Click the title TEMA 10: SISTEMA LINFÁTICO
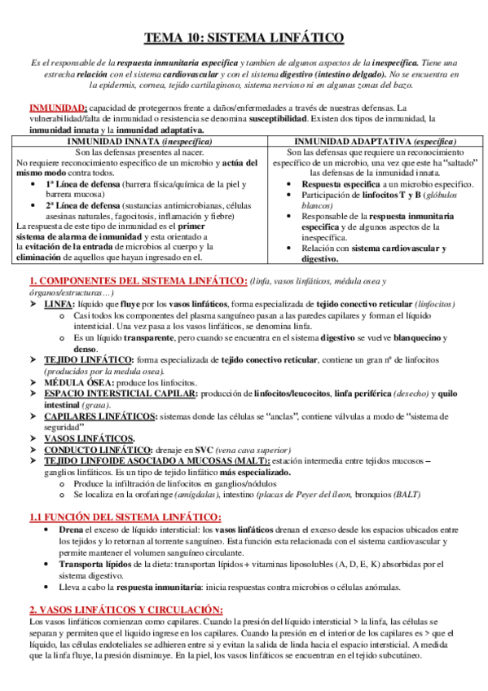(244, 37)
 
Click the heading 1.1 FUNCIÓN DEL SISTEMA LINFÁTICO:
(125, 517)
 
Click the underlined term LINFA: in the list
(59, 303)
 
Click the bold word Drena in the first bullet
(72, 529)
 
